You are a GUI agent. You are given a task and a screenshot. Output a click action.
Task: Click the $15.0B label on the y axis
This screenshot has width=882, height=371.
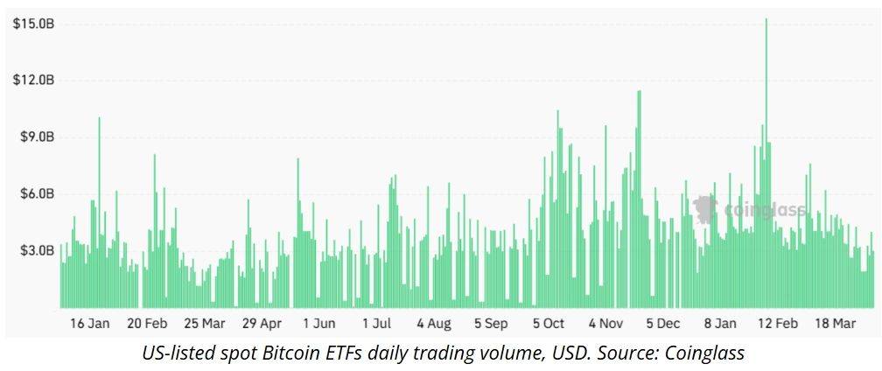point(34,24)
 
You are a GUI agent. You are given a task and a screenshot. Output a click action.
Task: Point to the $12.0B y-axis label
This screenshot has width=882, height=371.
point(34,80)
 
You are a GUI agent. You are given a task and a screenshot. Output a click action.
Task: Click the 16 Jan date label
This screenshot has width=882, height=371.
point(89,324)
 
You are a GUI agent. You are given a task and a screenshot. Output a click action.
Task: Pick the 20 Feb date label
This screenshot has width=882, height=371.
point(146,324)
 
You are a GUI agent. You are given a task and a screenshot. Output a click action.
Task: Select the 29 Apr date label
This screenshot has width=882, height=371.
point(262,324)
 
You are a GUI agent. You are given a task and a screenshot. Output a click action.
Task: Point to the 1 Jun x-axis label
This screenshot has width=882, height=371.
point(318,324)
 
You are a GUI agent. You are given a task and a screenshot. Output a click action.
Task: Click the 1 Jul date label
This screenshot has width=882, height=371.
point(376,324)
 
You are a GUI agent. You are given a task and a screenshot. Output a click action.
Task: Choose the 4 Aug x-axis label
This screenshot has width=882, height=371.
point(433,324)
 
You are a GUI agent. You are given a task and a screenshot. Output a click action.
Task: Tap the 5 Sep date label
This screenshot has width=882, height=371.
point(491,324)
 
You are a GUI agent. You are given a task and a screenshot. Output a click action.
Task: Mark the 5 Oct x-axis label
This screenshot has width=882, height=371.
point(549,324)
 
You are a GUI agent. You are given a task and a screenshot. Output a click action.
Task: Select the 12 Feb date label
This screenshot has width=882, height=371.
point(778,324)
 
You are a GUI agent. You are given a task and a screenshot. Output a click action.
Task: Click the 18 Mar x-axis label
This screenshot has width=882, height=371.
point(835,324)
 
